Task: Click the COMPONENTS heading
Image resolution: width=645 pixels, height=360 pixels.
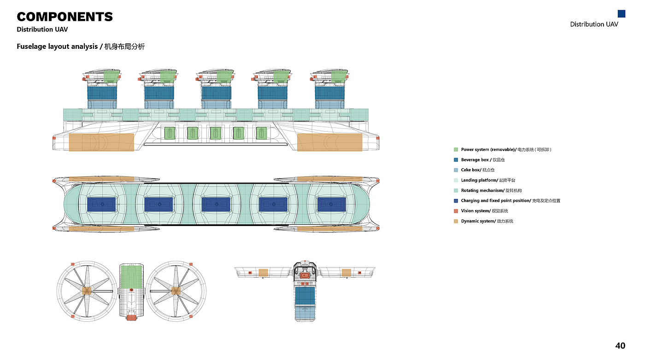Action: coord(65,17)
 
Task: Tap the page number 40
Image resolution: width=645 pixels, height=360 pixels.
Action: coord(620,346)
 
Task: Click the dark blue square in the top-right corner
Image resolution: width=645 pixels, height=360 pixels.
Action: coord(622,14)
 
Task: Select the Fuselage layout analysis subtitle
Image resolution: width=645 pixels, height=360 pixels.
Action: coord(81,46)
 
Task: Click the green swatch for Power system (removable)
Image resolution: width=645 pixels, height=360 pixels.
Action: coord(456,150)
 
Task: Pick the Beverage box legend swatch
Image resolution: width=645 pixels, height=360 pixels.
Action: coord(456,160)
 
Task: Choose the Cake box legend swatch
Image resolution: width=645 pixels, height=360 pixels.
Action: coord(456,170)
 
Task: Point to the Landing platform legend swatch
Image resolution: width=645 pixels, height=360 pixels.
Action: coord(456,180)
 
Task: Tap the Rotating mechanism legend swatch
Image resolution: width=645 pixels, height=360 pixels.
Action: coord(456,191)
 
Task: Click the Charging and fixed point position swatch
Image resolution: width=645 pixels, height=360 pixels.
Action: coord(456,201)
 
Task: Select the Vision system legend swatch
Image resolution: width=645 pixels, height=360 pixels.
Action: coord(456,211)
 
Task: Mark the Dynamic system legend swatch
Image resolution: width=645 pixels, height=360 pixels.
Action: coord(456,221)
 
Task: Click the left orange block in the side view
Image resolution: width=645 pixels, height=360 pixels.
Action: coord(101,142)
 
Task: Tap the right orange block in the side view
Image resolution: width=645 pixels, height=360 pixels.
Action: coord(329,142)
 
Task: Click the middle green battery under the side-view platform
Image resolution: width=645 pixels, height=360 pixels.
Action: coord(216,133)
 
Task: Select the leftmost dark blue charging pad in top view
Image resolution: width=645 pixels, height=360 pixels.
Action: coord(101,204)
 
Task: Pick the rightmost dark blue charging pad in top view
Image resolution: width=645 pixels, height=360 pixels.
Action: coord(331,204)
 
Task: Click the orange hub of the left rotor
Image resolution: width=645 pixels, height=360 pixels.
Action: coord(87,291)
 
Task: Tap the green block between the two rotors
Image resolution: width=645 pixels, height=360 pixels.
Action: coord(131,277)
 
